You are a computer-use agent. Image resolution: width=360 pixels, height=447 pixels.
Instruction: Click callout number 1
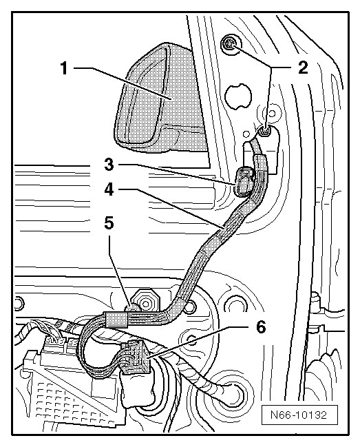[x=65, y=68]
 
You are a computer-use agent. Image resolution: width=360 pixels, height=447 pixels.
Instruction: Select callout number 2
[x=303, y=68]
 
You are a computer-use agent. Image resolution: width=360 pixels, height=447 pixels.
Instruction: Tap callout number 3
[x=109, y=165]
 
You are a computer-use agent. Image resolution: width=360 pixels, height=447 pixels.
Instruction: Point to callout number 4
[x=109, y=189]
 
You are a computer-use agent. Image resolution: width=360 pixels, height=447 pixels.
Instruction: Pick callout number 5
[x=109, y=222]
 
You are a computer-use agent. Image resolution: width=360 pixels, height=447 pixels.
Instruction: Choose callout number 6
[x=261, y=327]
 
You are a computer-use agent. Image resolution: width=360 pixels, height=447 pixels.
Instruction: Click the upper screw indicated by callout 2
[x=230, y=44]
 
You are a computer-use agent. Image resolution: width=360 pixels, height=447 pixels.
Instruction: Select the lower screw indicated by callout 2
[x=265, y=132]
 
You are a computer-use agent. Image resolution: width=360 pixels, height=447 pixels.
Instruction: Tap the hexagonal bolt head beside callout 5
[x=145, y=302]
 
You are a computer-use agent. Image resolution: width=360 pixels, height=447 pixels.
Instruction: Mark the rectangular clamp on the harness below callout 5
[x=116, y=318]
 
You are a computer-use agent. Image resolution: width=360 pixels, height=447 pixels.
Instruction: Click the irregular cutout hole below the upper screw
[x=238, y=96]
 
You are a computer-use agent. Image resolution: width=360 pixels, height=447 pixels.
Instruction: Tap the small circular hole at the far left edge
[x=18, y=302]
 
